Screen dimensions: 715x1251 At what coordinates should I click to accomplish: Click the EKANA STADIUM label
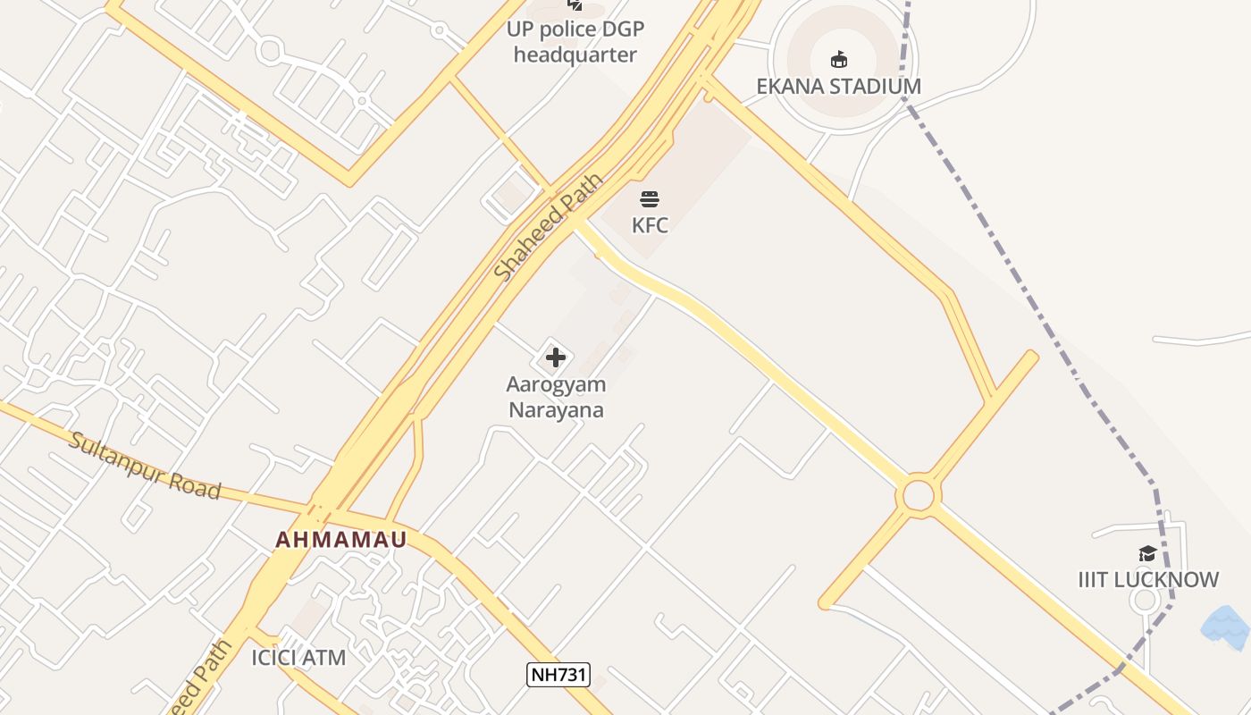coord(838,87)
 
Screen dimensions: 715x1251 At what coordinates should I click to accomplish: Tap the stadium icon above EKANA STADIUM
coord(838,60)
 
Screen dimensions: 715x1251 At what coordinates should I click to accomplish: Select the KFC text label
coord(650,225)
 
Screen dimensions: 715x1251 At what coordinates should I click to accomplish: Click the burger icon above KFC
coord(650,198)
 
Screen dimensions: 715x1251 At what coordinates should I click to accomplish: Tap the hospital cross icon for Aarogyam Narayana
coord(555,358)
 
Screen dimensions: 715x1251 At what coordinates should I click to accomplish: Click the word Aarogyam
coord(556,385)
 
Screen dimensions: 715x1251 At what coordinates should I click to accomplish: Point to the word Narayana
coord(556,410)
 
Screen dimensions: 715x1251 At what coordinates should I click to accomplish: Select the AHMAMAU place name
coord(340,540)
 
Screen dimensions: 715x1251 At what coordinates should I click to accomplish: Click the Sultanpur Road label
coord(145,466)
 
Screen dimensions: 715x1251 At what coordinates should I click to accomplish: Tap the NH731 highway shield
coord(558,675)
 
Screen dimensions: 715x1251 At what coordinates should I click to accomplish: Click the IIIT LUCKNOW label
coord(1148,580)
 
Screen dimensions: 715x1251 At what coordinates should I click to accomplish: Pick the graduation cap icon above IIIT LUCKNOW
coord(1147,554)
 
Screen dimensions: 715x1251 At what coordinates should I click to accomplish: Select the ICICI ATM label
coord(298,659)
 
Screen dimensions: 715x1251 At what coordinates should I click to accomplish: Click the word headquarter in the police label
coord(575,55)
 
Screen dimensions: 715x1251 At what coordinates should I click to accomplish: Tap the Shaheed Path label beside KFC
coord(548,229)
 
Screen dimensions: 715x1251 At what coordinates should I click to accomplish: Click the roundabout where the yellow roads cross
coord(918,495)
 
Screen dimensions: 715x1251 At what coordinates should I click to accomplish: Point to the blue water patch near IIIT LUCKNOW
coord(1227,626)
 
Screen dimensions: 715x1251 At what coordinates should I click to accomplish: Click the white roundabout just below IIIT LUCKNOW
coord(1145,601)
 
